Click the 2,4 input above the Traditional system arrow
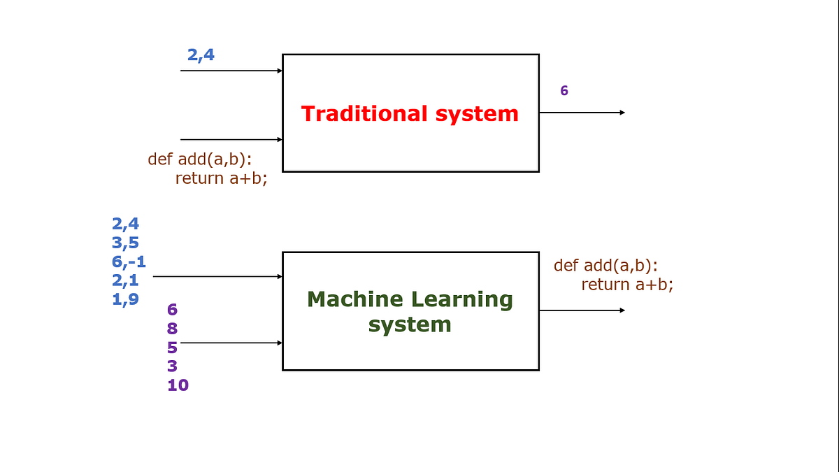201,55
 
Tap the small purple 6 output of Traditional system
564,91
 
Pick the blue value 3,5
125,243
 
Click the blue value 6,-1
129,262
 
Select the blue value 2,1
125,280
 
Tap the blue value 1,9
125,299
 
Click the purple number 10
178,385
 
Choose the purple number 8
172,329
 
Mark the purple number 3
172,366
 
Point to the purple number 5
172,348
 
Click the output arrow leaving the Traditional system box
582,113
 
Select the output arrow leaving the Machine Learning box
582,310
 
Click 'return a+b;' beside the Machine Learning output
627,285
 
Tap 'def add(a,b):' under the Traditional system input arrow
199,159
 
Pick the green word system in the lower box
410,325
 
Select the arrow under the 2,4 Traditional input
231,71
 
